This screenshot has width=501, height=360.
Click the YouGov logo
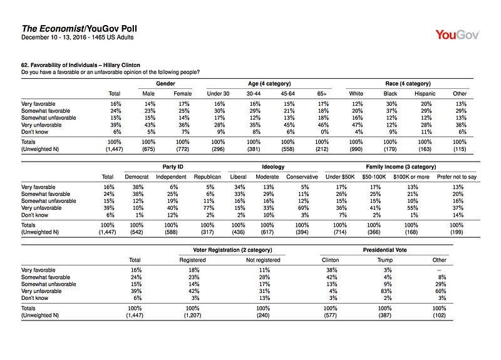point(457,34)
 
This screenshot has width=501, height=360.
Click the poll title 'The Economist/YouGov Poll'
point(80,29)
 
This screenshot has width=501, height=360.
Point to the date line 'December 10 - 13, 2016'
point(54,38)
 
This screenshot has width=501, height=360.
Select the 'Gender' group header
point(165,84)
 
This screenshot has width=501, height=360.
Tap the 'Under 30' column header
point(218,93)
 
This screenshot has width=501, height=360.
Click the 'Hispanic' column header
point(425,93)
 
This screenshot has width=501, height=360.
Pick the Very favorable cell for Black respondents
point(391,104)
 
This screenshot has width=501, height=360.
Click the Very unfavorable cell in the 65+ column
point(323,125)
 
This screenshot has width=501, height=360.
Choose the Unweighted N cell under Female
point(182,149)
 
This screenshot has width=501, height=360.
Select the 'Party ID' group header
point(173,167)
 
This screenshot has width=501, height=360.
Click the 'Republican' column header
point(207,177)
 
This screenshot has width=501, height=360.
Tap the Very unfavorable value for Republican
point(209,208)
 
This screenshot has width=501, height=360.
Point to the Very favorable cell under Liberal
point(240,187)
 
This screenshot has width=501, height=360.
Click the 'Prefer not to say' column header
point(457,177)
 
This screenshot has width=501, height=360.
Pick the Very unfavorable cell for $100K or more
point(413,208)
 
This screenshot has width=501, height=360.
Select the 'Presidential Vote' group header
point(385,250)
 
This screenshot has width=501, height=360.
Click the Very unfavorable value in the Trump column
point(386,291)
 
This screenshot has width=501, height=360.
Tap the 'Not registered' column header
point(263,260)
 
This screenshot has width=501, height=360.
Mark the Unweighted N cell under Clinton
point(330,316)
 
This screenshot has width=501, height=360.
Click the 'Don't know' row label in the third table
point(34,298)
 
